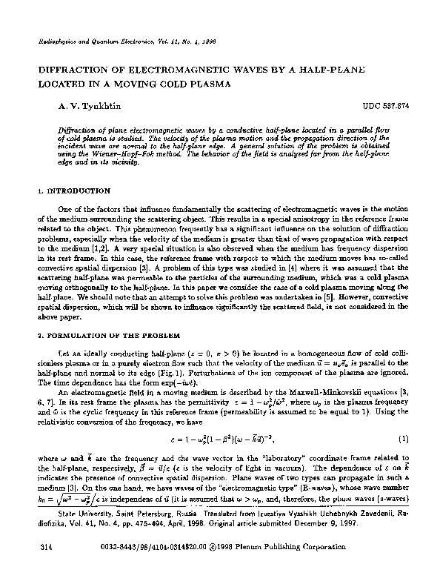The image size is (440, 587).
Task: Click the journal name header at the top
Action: pyautogui.click(x=104, y=44)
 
